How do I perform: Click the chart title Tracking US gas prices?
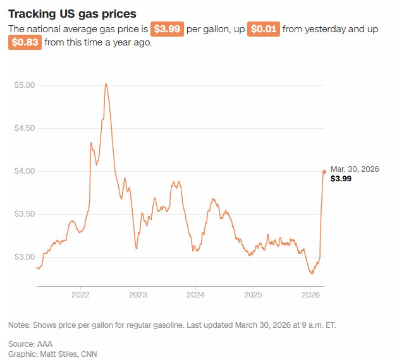(x=72, y=14)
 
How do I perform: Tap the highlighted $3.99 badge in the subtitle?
(x=167, y=29)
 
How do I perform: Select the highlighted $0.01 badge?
(x=263, y=29)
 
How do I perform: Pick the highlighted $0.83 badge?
(x=25, y=42)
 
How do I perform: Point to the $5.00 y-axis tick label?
(x=25, y=85)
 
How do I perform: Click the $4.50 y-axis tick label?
(x=25, y=128)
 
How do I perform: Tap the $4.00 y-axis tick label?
(x=25, y=171)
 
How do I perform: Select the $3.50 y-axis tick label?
(x=25, y=214)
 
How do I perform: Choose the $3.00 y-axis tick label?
(x=25, y=257)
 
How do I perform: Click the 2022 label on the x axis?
(x=80, y=295)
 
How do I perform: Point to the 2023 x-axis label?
(x=138, y=295)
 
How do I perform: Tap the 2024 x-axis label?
(x=195, y=295)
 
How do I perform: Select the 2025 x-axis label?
(x=253, y=295)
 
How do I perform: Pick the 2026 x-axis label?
(x=310, y=295)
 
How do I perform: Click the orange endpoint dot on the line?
(x=324, y=172)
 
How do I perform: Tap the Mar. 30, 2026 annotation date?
(x=355, y=169)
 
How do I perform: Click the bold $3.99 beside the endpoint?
(x=341, y=179)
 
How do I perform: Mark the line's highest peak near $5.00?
(x=106, y=84)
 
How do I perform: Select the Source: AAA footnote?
(x=30, y=344)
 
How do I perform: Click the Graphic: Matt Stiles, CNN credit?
(x=52, y=354)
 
